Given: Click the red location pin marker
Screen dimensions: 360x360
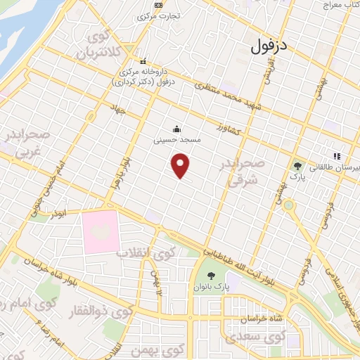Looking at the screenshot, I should [181, 166].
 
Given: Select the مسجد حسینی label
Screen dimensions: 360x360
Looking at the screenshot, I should [178, 140].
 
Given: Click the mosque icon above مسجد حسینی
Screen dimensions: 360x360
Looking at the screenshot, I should [177, 129].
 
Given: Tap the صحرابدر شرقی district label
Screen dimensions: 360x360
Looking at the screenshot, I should [243, 171].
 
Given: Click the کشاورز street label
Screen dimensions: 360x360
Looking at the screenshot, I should [229, 129].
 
